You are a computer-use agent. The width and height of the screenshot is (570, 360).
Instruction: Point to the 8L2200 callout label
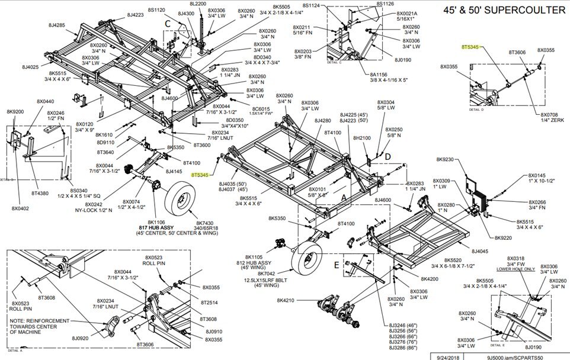point(198,4)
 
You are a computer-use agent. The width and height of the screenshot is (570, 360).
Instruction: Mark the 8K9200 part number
point(15,111)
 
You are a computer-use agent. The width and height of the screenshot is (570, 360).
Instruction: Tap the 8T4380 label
point(40,193)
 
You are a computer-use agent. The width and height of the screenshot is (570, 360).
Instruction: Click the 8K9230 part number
point(444,159)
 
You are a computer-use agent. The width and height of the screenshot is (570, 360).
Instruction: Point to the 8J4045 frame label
point(481,251)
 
